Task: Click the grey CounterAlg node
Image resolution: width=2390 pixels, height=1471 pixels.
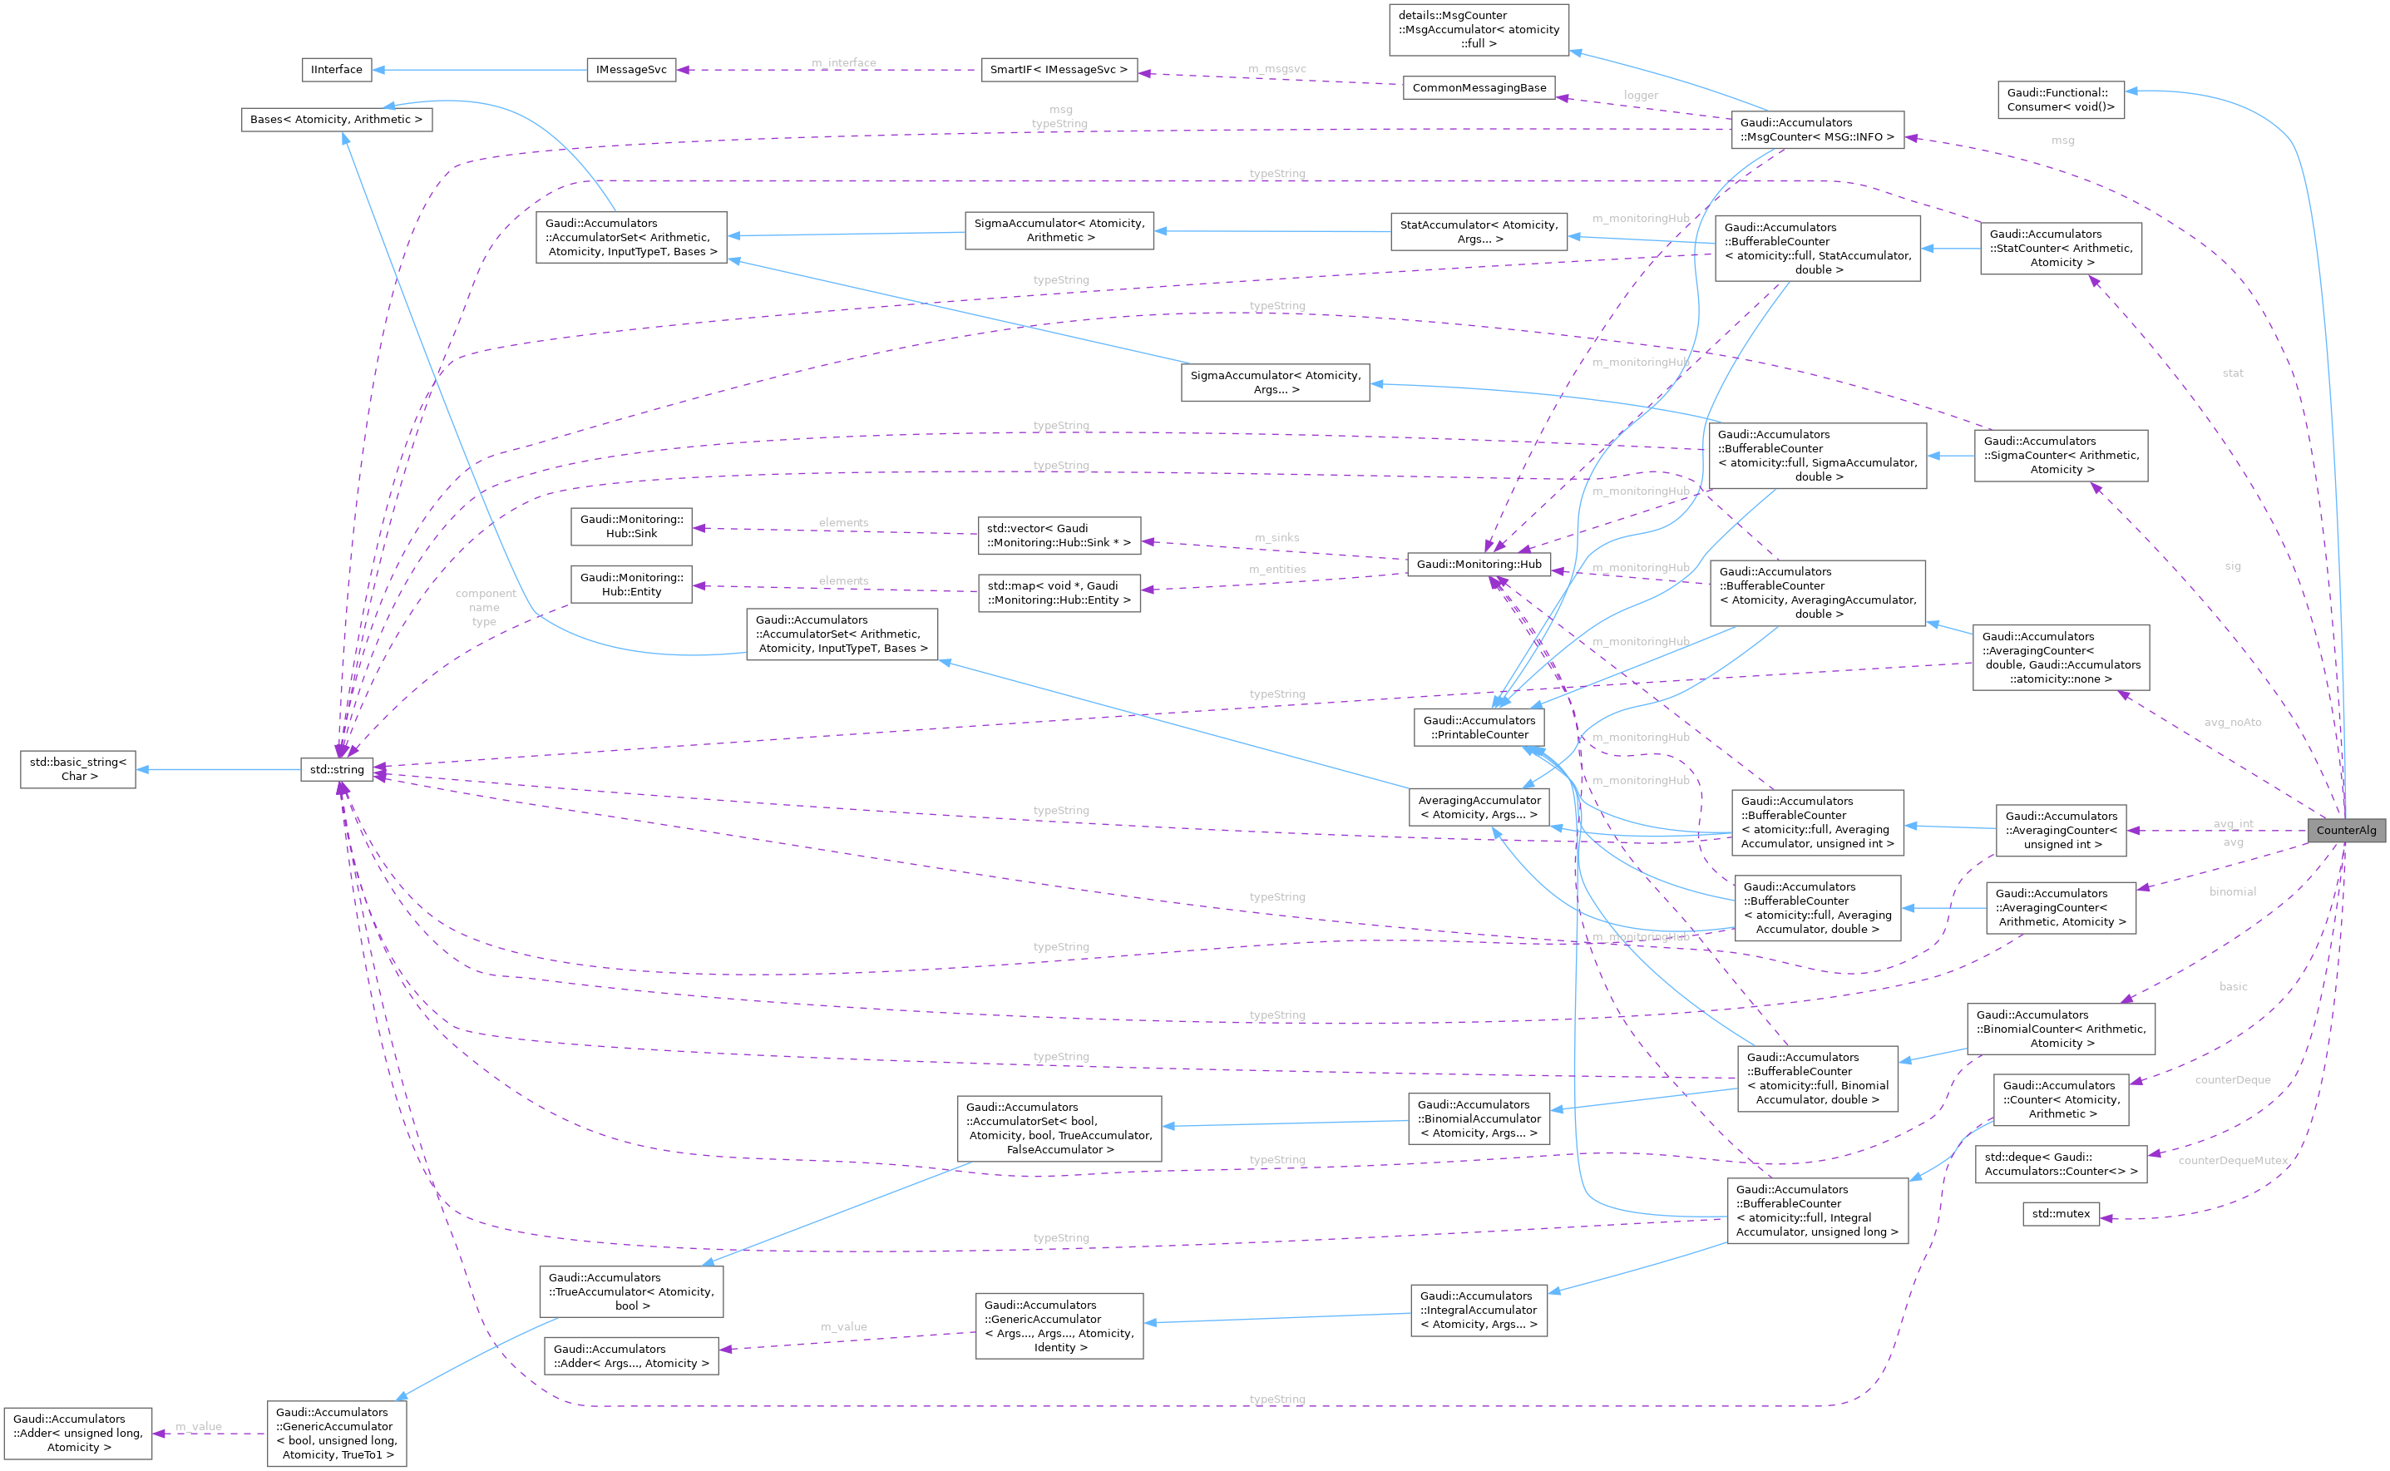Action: click(x=2345, y=830)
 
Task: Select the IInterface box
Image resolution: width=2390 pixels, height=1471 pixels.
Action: click(x=337, y=69)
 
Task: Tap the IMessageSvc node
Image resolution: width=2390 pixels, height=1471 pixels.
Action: click(x=631, y=70)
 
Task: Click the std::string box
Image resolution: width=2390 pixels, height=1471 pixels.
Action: click(x=337, y=769)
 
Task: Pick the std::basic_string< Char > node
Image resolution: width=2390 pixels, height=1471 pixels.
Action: click(x=78, y=768)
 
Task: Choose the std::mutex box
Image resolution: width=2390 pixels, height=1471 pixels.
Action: click(x=2060, y=1213)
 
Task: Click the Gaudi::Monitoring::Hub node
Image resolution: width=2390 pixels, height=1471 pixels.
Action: click(x=1479, y=565)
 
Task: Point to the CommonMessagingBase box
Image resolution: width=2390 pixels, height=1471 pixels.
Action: click(x=1479, y=87)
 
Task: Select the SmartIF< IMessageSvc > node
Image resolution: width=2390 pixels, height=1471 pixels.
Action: click(x=1059, y=70)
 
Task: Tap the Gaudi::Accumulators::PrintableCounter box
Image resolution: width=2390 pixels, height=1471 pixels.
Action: click(x=1479, y=728)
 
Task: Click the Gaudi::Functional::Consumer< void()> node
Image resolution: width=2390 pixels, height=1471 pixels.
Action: click(x=2060, y=99)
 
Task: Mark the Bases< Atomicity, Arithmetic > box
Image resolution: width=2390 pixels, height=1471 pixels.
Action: click(x=337, y=120)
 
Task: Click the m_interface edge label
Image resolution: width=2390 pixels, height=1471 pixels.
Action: click(x=843, y=62)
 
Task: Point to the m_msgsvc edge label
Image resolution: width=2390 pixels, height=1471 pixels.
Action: click(x=1276, y=69)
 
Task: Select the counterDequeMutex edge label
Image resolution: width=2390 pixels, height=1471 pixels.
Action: click(x=2233, y=1160)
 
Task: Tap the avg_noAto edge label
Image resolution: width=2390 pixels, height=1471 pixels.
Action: click(x=2233, y=722)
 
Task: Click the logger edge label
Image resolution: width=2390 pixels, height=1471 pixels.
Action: click(x=1640, y=96)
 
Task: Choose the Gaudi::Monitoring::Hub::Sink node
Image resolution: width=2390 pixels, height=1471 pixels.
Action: click(x=631, y=526)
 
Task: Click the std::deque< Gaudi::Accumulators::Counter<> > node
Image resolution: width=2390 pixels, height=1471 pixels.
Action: click(x=2060, y=1163)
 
